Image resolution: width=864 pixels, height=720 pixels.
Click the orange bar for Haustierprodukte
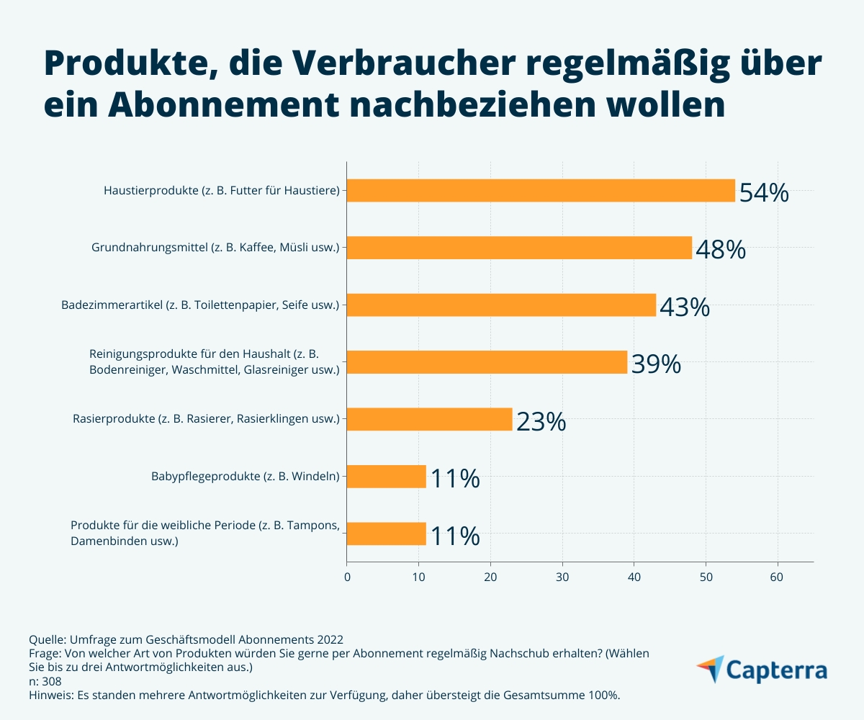click(540, 191)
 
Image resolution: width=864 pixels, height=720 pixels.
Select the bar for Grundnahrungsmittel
click(518, 248)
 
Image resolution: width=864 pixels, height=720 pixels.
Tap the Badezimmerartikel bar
click(500, 305)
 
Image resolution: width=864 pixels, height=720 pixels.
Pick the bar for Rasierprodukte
click(429, 419)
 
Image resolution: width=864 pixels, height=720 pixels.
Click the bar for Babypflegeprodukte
click(386, 476)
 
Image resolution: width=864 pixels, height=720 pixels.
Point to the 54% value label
click(764, 193)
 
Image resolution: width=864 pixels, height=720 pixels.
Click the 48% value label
click(721, 250)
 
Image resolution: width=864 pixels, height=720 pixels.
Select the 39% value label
click(656, 364)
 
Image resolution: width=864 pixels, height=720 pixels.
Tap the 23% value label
click(541, 421)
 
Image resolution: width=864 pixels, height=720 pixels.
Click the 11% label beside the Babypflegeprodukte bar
click(455, 478)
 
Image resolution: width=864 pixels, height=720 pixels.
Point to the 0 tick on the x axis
click(347, 576)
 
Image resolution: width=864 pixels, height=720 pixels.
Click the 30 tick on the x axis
click(562, 576)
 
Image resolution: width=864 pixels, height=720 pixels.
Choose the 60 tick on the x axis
click(777, 576)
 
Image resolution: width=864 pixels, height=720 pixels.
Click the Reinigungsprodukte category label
click(214, 362)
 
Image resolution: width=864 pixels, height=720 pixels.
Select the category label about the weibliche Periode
click(204, 533)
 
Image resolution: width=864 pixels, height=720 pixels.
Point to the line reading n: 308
click(45, 681)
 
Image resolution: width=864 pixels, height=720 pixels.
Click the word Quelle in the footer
click(47, 639)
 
